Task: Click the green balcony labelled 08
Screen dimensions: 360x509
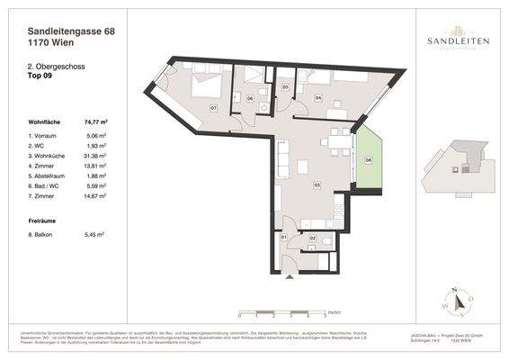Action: click(x=369, y=161)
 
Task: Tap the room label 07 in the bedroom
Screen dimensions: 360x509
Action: click(x=213, y=108)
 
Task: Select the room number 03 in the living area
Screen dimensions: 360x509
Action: click(x=317, y=184)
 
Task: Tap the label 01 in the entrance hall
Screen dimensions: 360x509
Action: click(x=284, y=237)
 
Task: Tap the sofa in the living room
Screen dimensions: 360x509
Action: click(x=283, y=161)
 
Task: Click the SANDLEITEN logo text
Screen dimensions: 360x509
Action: click(x=453, y=40)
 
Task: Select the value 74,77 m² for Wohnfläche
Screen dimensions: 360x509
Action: click(x=96, y=118)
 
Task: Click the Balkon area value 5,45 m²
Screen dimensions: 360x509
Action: click(x=95, y=234)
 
